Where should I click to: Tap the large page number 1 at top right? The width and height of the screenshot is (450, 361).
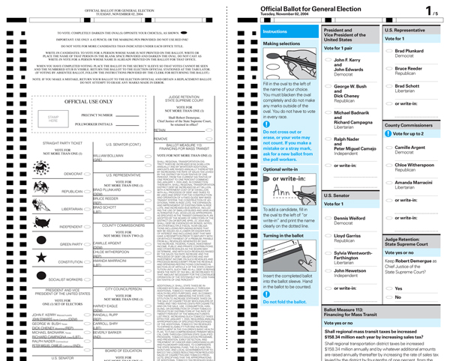click(x=428, y=11)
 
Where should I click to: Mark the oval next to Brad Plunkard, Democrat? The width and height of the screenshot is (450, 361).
click(x=388, y=51)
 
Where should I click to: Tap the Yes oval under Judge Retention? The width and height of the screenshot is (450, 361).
click(x=388, y=288)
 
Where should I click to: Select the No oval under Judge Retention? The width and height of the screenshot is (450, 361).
click(x=388, y=298)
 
